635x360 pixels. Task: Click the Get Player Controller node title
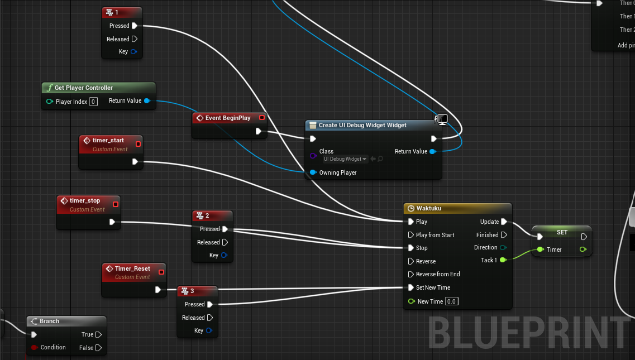pyautogui.click(x=83, y=88)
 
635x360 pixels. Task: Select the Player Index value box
pyautogui.click(x=93, y=102)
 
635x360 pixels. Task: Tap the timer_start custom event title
pyautogui.click(x=108, y=140)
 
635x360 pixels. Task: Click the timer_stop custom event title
pyautogui.click(x=85, y=200)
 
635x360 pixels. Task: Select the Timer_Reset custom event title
pyautogui.click(x=132, y=268)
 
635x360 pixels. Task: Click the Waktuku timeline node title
pyautogui.click(x=428, y=208)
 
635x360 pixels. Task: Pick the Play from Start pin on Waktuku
pyautogui.click(x=412, y=235)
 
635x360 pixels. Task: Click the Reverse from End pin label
pyautogui.click(x=438, y=274)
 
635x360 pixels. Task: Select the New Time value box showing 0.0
pyautogui.click(x=451, y=301)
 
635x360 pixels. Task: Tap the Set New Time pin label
pyautogui.click(x=433, y=287)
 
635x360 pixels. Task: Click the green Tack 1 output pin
pyautogui.click(x=503, y=260)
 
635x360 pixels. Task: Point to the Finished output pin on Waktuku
pyautogui.click(x=504, y=235)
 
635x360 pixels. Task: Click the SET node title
pyautogui.click(x=562, y=232)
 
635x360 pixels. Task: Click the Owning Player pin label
pyautogui.click(x=337, y=172)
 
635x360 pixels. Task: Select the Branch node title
pyautogui.click(x=49, y=321)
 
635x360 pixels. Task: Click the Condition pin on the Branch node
pyautogui.click(x=35, y=347)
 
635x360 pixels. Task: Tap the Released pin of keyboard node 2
pyautogui.click(x=225, y=242)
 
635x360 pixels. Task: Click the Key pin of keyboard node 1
pyautogui.click(x=133, y=52)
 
